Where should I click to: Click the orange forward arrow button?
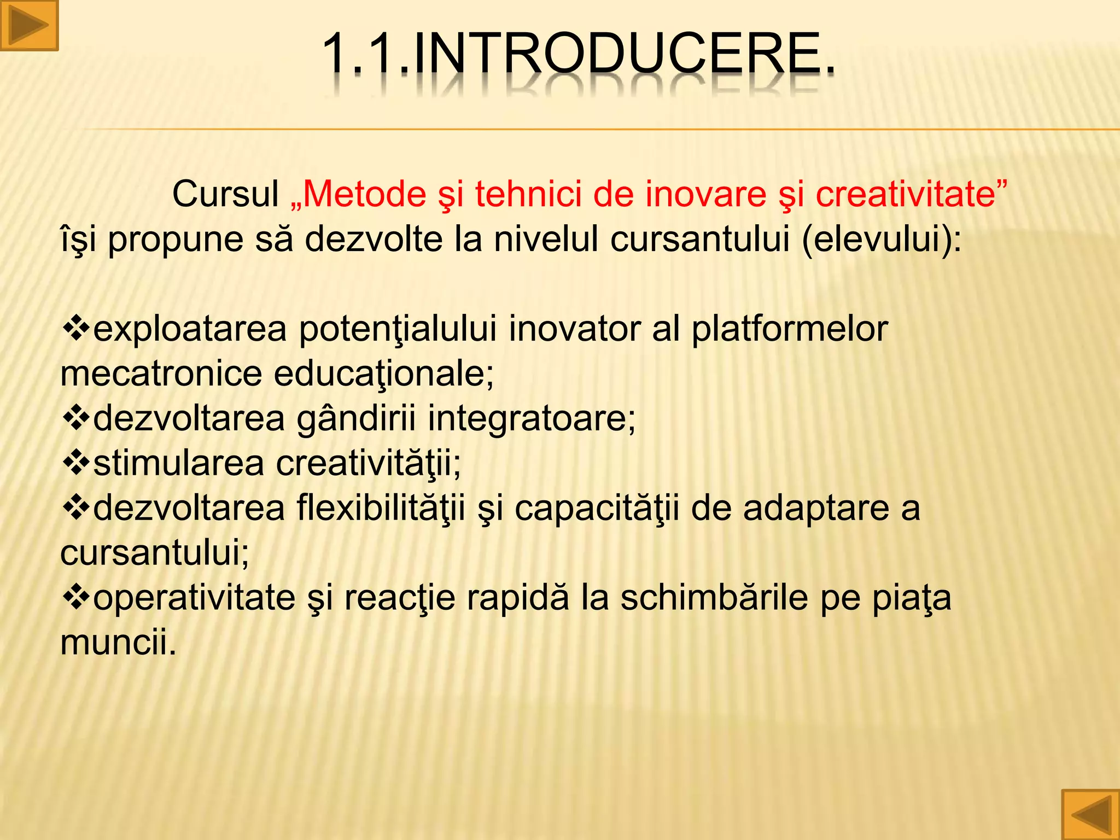(28, 25)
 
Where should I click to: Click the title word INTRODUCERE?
(623, 54)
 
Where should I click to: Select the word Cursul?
(225, 194)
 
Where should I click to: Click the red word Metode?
(364, 194)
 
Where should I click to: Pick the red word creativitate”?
(911, 194)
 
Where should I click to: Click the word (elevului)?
(882, 239)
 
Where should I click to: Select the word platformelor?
(789, 330)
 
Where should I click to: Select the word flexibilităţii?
(381, 509)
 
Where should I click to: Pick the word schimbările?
(714, 598)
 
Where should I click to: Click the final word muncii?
(119, 642)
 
